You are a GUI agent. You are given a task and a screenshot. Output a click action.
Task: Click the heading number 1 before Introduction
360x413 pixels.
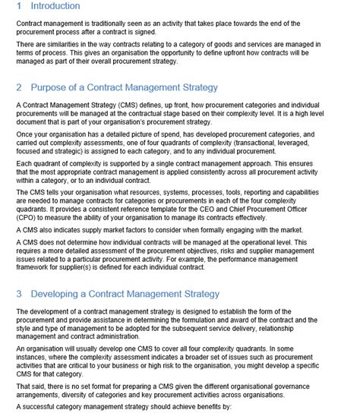(19, 6)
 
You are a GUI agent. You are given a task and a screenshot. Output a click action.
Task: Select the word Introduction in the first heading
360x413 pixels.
(56, 6)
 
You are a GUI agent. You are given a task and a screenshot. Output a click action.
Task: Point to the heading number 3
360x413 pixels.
(19, 294)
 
